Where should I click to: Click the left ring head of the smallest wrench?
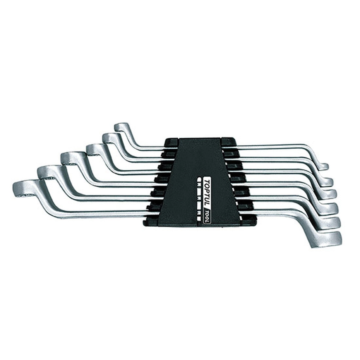coord(121,128)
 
